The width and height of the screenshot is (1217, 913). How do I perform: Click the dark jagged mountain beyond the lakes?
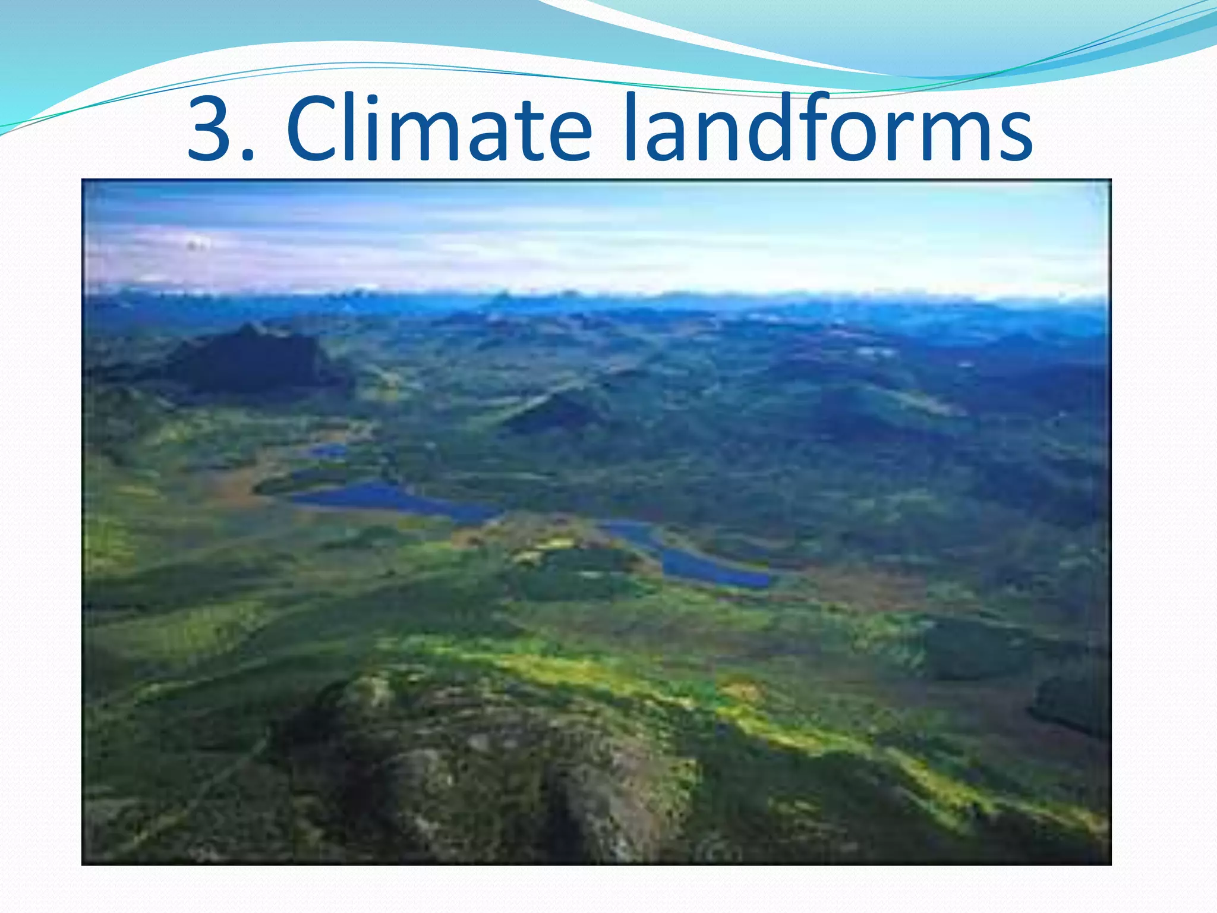(250, 357)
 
